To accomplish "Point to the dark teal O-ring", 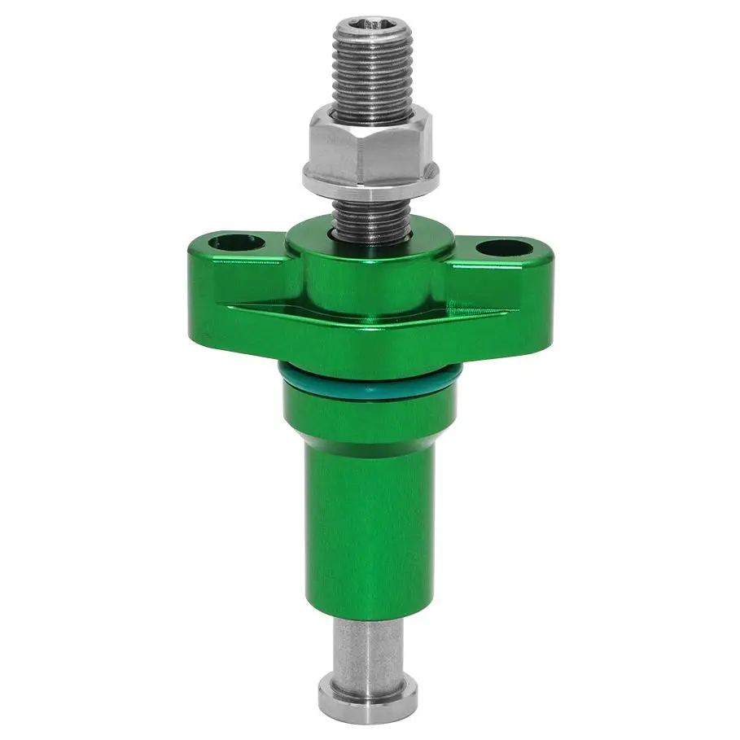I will [x=370, y=382].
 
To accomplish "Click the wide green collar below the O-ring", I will [x=370, y=415].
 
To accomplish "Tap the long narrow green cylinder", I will [x=370, y=529].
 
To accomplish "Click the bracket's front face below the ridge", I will [x=370, y=342].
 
